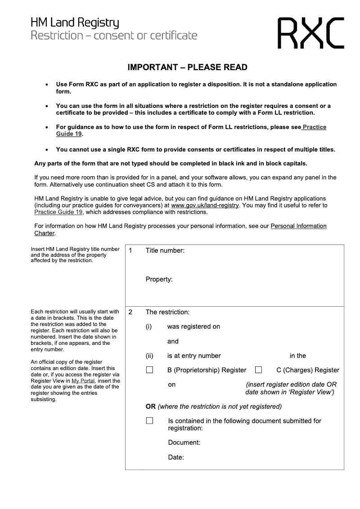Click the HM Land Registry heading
coord(75,22)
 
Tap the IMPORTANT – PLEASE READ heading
coord(187,67)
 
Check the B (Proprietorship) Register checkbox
coord(149,370)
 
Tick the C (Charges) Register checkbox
coord(258,370)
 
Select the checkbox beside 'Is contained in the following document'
coord(149,421)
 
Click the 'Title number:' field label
coord(165,250)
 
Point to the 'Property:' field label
coord(159,279)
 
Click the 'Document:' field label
coord(184,442)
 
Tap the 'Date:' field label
coord(176,457)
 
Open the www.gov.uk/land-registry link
coord(205,205)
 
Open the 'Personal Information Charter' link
coord(298,226)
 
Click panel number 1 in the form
coord(130,250)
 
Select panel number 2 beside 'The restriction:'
coord(130,312)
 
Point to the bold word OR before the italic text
coord(150,406)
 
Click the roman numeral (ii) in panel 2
coord(149,356)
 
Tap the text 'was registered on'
coord(193,326)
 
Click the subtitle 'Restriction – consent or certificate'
coord(114,35)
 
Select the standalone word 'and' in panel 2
coord(173,341)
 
